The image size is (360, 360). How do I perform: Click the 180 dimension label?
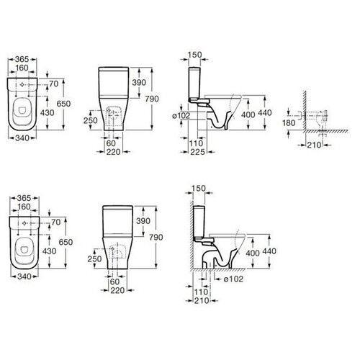[289, 123]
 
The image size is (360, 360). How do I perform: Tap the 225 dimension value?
[198, 152]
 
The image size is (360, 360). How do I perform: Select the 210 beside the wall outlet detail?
[314, 145]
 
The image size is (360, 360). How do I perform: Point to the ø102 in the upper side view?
[181, 116]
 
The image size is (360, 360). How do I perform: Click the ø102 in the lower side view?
[233, 279]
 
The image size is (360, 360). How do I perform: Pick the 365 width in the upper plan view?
[22, 59]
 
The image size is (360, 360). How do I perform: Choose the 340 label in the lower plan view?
[24, 276]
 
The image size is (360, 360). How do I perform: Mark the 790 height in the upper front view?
[152, 99]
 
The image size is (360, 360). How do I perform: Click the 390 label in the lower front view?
[143, 221]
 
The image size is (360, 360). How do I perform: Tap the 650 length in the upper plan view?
[63, 104]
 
